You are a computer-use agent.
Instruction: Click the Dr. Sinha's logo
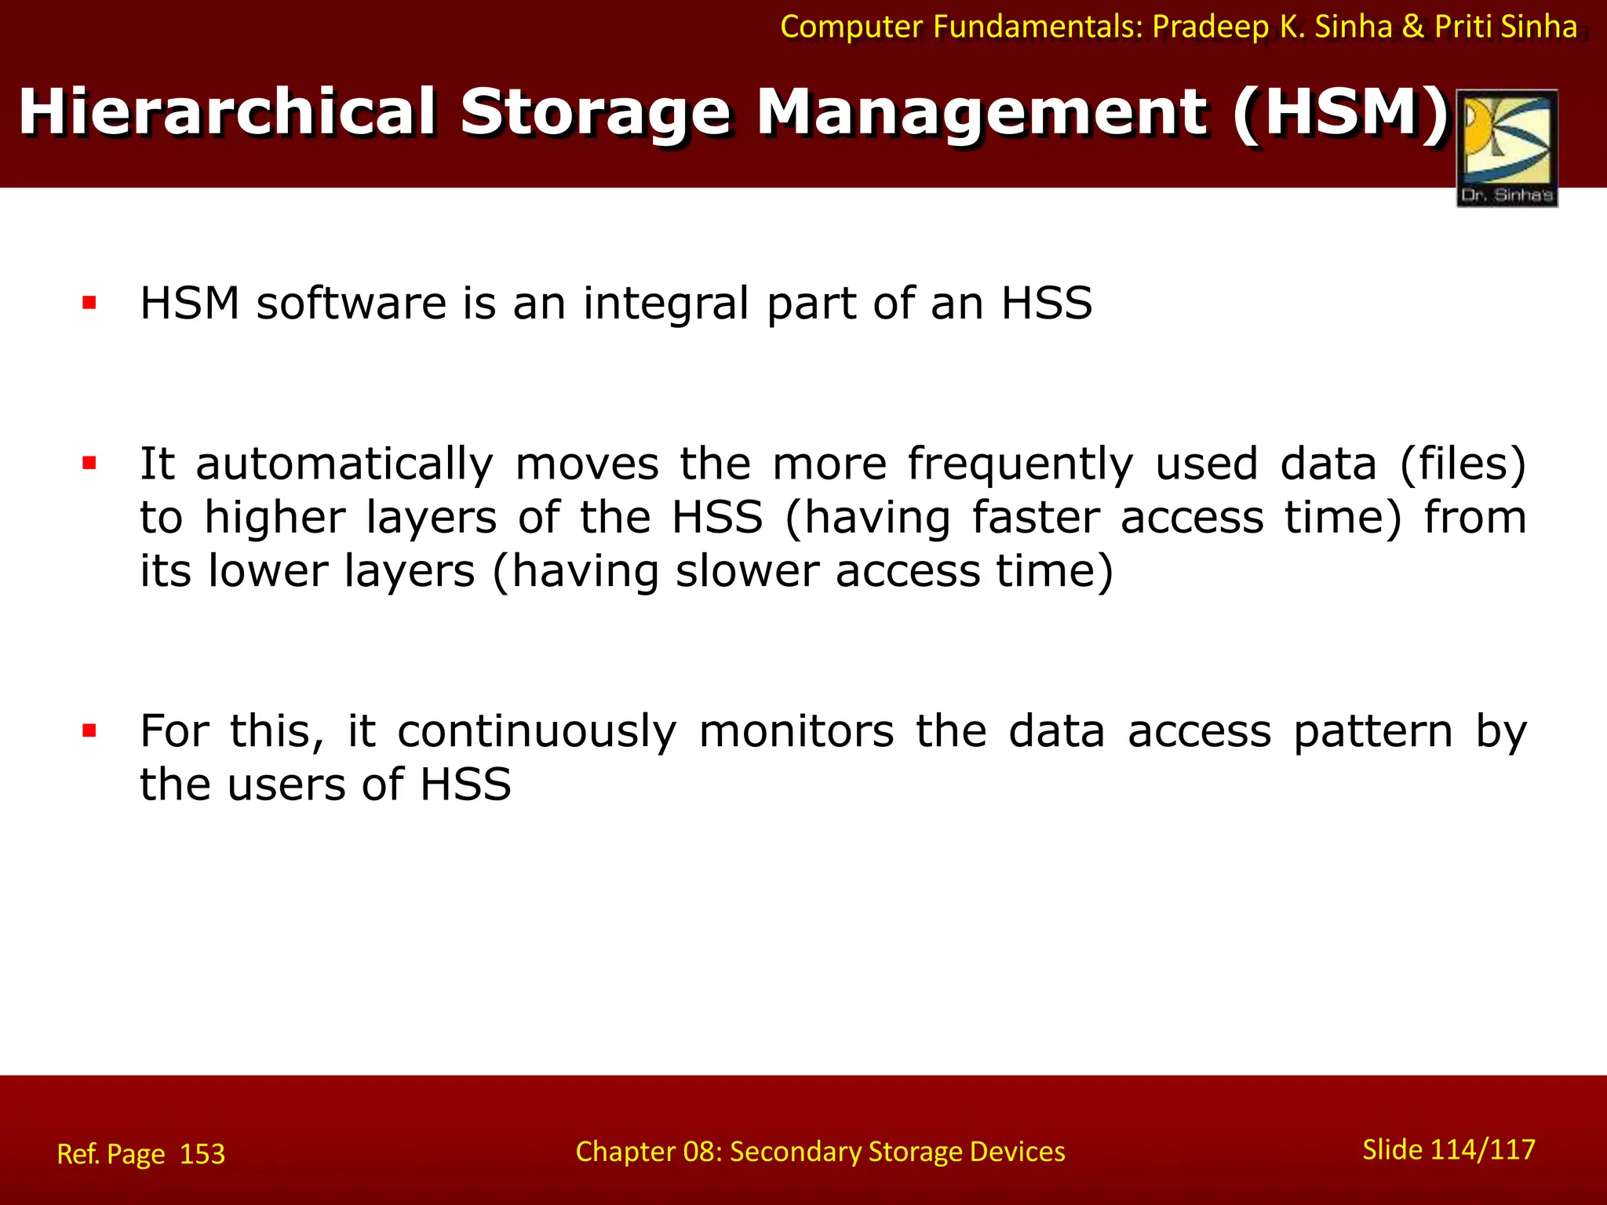pyautogui.click(x=1507, y=147)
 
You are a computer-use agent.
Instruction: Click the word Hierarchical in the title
pyautogui.click(x=227, y=112)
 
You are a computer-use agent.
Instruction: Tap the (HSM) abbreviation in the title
pyautogui.click(x=1341, y=112)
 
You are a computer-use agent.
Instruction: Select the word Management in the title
pyautogui.click(x=982, y=112)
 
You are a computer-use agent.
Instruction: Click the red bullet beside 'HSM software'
pyautogui.click(x=89, y=303)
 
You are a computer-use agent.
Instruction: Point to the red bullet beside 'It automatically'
pyautogui.click(x=89, y=463)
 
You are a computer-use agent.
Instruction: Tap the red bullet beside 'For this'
pyautogui.click(x=89, y=731)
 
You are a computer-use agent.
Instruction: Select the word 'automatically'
pyautogui.click(x=344, y=464)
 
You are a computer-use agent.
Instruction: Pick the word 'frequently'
pyautogui.click(x=1020, y=464)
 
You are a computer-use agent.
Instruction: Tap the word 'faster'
pyautogui.click(x=1036, y=518)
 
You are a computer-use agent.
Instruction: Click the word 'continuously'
pyautogui.click(x=537, y=733)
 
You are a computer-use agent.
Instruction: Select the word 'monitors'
pyautogui.click(x=796, y=731)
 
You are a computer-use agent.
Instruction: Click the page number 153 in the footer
pyautogui.click(x=202, y=1154)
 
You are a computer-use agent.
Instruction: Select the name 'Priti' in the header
pyautogui.click(x=1464, y=27)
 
